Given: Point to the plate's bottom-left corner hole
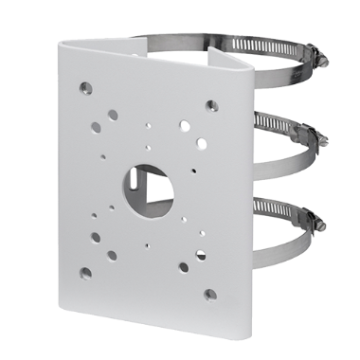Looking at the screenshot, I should (86, 272).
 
